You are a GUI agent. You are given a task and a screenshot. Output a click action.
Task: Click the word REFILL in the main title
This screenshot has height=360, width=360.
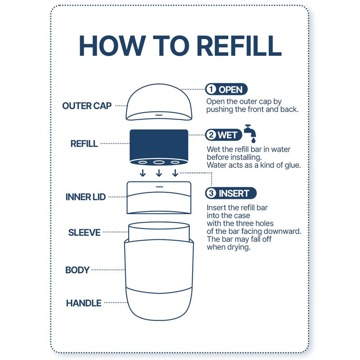click(x=239, y=46)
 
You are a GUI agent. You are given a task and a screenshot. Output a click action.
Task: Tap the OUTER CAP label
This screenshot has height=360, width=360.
click(x=87, y=106)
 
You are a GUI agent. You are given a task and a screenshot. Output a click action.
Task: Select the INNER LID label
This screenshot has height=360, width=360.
click(x=85, y=197)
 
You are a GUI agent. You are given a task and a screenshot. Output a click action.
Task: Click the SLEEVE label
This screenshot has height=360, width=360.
click(x=84, y=233)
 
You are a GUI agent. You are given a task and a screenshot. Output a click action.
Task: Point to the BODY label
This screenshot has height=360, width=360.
click(x=77, y=270)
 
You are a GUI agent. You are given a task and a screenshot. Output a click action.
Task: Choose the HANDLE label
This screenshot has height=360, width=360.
click(x=84, y=303)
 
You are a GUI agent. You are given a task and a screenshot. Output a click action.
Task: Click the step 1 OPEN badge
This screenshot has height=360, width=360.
click(x=226, y=89)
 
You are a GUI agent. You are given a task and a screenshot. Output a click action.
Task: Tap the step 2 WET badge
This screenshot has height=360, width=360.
click(x=224, y=135)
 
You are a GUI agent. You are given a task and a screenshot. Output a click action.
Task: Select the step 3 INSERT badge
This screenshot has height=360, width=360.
click(x=231, y=193)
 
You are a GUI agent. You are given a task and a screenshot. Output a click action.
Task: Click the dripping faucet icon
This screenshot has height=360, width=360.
click(x=250, y=133)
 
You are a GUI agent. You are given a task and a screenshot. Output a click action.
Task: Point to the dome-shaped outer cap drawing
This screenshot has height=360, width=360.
click(x=159, y=102)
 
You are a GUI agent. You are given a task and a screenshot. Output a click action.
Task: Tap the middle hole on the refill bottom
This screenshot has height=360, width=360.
click(x=159, y=162)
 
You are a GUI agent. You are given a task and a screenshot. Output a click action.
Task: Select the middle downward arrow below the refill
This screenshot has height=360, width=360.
click(x=159, y=173)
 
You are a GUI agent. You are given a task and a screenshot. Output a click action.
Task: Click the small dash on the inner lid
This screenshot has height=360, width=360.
click(x=159, y=187)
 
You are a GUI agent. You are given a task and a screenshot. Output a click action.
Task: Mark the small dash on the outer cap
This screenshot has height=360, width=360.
click(x=159, y=115)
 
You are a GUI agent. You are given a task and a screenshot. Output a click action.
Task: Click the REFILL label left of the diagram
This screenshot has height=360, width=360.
click(x=84, y=144)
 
